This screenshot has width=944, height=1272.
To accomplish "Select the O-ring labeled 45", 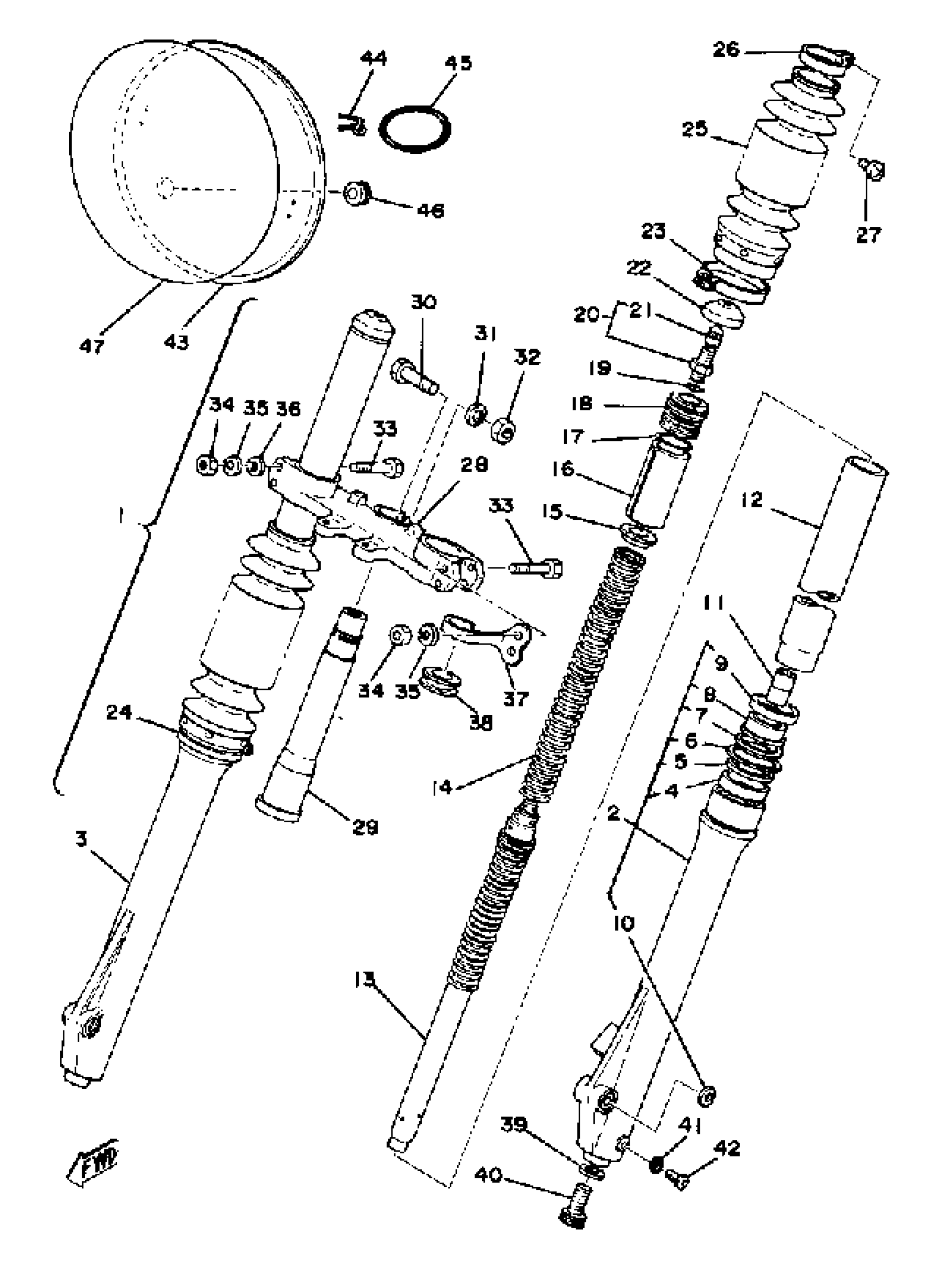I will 415,129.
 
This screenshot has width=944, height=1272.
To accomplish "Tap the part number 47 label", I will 92,346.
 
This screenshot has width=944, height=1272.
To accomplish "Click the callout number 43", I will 176,341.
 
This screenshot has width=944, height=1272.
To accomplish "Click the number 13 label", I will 365,980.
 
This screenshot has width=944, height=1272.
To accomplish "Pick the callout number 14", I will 441,787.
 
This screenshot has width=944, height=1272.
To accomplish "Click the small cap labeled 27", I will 872,169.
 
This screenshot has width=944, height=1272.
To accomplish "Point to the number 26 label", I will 726,50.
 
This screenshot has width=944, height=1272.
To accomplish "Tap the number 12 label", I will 752,500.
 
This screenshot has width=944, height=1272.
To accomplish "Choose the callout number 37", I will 515,698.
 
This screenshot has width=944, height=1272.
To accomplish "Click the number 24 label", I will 119,712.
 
